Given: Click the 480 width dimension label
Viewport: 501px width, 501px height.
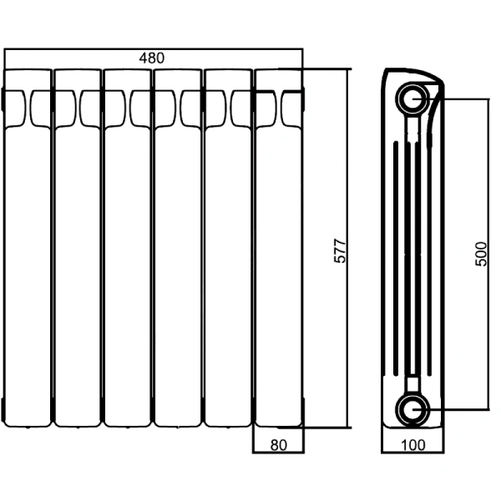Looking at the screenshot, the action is coord(152,58).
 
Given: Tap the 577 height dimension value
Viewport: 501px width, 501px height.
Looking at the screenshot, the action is coord(340,250).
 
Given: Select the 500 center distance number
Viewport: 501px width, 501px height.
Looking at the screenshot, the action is coord(481,254).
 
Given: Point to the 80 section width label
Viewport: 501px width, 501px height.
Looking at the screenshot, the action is coord(279,445).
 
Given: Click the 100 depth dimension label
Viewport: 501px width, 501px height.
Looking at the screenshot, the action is coord(413,445).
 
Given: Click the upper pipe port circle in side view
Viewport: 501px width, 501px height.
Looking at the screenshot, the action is coord(413,99).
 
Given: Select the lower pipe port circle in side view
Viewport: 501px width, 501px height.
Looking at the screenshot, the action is coord(413,410).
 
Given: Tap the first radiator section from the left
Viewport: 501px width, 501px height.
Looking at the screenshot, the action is coord(28,248).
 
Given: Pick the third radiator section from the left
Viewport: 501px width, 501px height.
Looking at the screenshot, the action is coord(128,248).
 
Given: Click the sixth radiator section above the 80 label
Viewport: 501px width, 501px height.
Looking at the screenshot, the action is coord(279,248).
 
